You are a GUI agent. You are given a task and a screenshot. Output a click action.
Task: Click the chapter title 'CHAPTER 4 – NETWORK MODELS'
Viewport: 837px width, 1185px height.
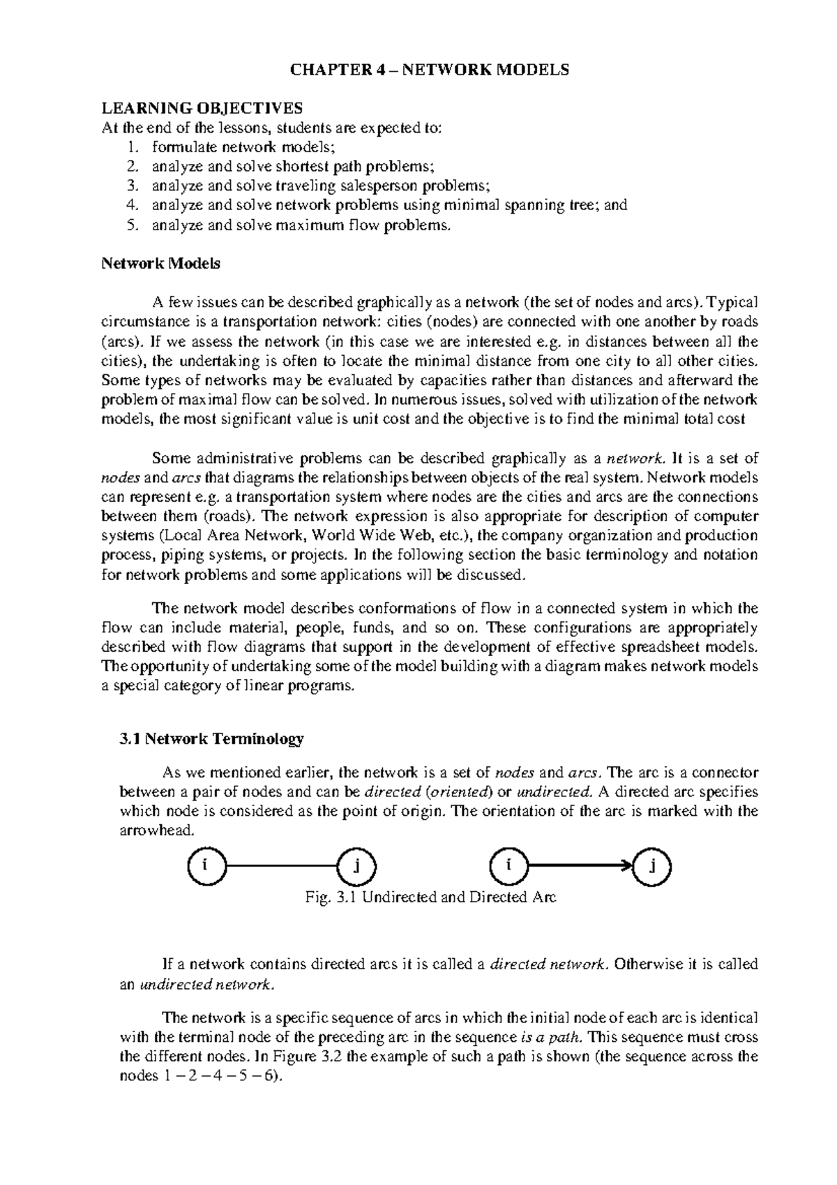click(x=430, y=70)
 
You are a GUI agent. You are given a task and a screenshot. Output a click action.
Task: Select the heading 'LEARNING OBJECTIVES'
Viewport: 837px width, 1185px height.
click(x=202, y=108)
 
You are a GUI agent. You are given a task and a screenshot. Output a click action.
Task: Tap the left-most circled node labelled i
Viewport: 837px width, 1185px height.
click(x=206, y=866)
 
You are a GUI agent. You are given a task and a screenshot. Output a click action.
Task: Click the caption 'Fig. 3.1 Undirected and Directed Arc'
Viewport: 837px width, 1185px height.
click(x=430, y=897)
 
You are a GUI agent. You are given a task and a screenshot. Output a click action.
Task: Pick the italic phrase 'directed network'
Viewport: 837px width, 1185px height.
click(x=548, y=964)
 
